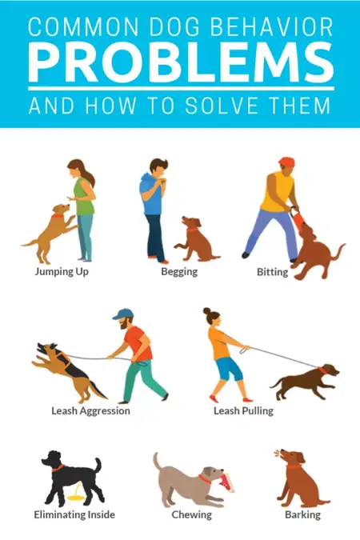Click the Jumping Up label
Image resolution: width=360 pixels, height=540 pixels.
coord(62,271)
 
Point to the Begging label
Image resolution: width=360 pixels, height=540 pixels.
coord(179,271)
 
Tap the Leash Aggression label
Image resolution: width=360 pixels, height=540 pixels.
coord(90,410)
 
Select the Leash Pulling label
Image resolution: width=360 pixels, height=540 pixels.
coord(243,410)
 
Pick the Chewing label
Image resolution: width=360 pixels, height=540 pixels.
coord(192,514)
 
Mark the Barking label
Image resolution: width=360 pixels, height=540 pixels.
coord(302,514)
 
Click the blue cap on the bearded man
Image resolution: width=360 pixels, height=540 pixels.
coord(122,314)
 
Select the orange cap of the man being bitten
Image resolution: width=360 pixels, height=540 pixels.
coord(286,162)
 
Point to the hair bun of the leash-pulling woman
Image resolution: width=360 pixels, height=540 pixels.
coord(206,310)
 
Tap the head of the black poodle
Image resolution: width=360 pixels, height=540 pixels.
coord(53,460)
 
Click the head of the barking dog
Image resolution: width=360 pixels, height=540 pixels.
coord(286,458)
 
